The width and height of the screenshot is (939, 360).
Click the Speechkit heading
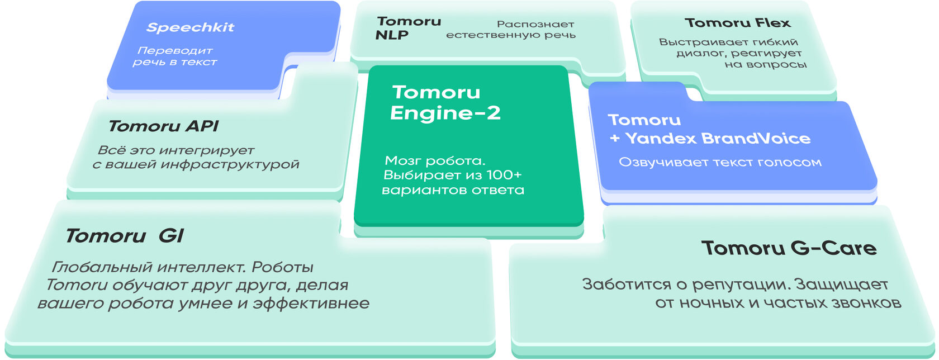tap(190, 27)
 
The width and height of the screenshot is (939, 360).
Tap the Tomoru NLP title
tap(409, 28)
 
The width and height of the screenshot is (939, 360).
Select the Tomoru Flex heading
tap(737, 23)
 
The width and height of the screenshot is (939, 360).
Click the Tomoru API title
tap(163, 126)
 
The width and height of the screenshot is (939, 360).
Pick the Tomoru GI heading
tap(124, 236)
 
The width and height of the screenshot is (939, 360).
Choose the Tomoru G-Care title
tap(789, 248)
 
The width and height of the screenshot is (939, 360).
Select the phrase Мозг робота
tap(435, 161)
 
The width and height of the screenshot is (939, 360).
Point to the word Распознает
tap(535, 25)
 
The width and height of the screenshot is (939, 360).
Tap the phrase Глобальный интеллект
tap(148, 267)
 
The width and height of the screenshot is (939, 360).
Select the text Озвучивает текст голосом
tap(720, 163)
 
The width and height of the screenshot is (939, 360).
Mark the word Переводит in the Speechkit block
tap(174, 51)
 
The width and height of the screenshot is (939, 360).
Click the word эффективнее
tap(311, 304)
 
